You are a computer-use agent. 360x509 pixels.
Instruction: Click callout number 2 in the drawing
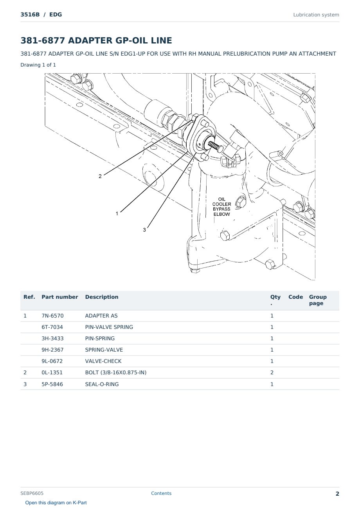click(x=100, y=176)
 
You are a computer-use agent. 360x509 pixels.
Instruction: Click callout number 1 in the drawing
click(x=117, y=214)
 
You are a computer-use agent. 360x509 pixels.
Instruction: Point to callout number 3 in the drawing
click(x=144, y=230)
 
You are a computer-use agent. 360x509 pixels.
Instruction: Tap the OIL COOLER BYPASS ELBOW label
click(x=221, y=207)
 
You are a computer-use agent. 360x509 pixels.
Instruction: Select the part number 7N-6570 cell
click(x=52, y=316)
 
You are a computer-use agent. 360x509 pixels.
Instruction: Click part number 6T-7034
click(x=52, y=327)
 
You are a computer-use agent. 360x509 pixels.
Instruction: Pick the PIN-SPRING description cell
click(x=100, y=338)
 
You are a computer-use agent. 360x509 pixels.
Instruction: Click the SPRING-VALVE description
click(x=104, y=350)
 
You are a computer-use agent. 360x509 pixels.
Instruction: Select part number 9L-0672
click(x=52, y=361)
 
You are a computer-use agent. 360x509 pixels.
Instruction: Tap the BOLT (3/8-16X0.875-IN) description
click(x=115, y=372)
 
